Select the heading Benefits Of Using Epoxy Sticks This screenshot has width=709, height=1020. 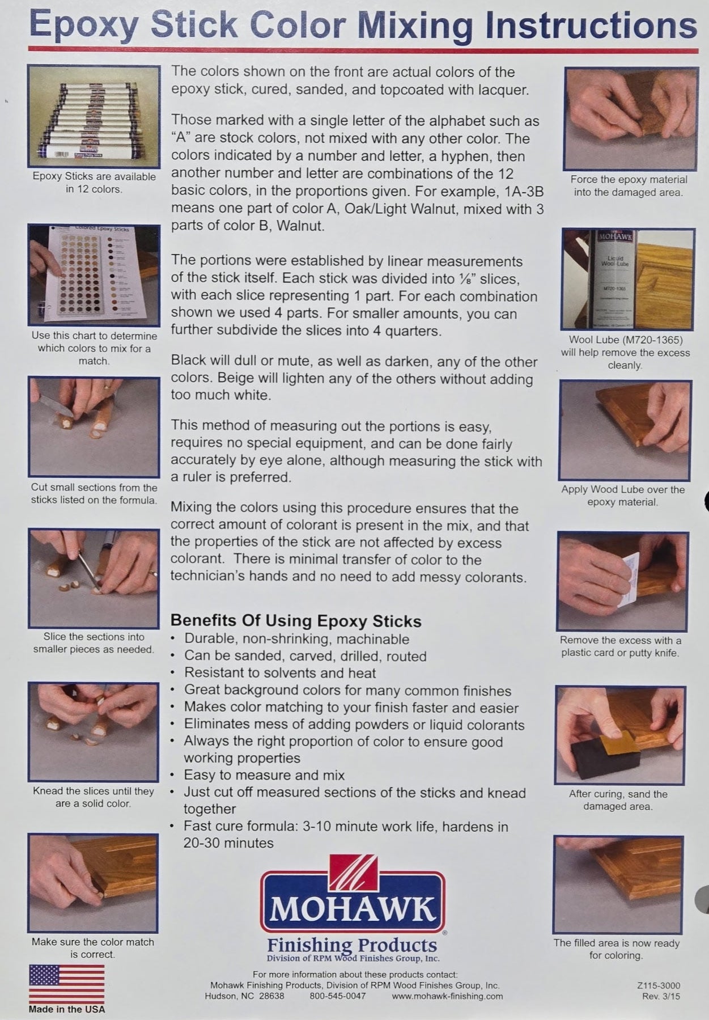[296, 621]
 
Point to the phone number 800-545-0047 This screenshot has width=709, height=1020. [338, 996]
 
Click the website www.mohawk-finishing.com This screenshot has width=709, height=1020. [447, 996]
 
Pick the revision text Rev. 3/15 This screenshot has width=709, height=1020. [661, 996]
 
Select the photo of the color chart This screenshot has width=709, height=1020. [94, 274]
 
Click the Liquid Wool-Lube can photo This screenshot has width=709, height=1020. [627, 279]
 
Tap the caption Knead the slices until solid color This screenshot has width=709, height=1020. [94, 797]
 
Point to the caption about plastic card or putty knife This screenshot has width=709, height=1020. [621, 646]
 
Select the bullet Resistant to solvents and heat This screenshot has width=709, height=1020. [280, 673]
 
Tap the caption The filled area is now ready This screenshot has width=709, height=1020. [617, 949]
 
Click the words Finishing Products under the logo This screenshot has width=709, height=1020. [352, 945]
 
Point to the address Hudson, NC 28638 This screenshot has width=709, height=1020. [245, 996]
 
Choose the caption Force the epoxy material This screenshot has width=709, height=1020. [629, 185]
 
